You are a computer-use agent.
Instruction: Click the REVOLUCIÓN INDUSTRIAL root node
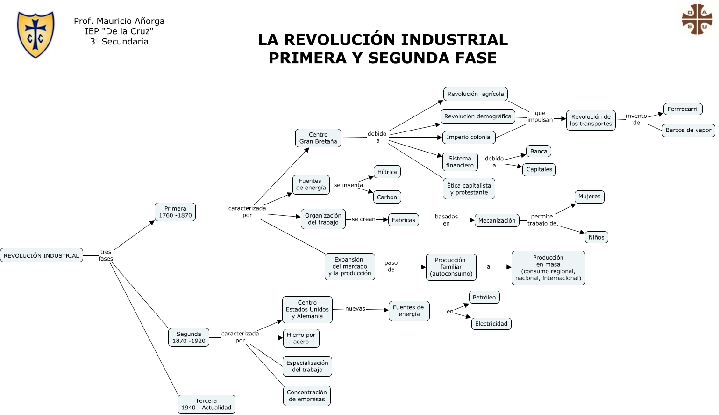(x=42, y=255)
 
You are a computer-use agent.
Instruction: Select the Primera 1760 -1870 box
(x=175, y=212)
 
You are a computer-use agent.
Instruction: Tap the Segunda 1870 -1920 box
(x=189, y=337)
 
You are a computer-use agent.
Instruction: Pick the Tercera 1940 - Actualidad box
(x=206, y=404)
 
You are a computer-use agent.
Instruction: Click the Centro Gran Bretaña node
(x=318, y=138)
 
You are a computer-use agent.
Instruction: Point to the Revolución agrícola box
(x=475, y=94)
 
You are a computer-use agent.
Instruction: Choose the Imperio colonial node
(x=469, y=137)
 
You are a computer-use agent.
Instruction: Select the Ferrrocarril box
(x=683, y=109)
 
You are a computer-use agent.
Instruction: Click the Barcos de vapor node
(x=688, y=130)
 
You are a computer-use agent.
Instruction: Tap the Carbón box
(x=387, y=197)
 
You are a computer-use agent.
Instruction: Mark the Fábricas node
(x=403, y=220)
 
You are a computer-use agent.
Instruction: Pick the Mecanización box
(x=497, y=220)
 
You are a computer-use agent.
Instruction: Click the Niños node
(x=596, y=237)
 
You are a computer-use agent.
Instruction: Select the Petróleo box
(x=484, y=297)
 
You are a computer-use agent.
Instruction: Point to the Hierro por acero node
(x=301, y=338)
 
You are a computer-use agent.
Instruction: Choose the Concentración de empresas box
(x=306, y=396)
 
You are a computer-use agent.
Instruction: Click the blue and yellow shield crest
(x=36, y=35)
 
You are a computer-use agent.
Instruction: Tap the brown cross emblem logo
(x=697, y=19)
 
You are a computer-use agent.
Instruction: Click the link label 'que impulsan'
(x=540, y=116)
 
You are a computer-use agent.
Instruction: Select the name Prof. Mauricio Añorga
(x=119, y=21)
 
